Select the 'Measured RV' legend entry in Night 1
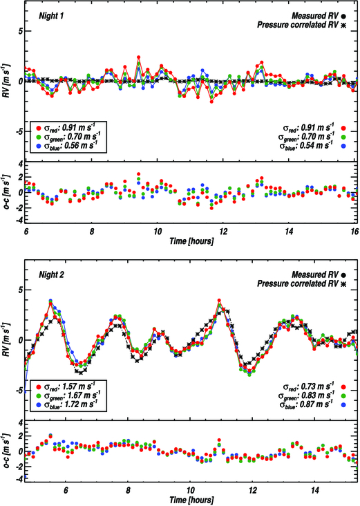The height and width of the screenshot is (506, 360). pyautogui.click(x=315, y=14)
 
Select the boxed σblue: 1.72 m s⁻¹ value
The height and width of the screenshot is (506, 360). pyautogui.click(x=68, y=405)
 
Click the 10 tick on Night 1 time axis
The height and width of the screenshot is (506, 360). pyautogui.click(x=158, y=230)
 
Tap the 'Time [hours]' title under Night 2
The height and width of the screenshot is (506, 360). pyautogui.click(x=191, y=498)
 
